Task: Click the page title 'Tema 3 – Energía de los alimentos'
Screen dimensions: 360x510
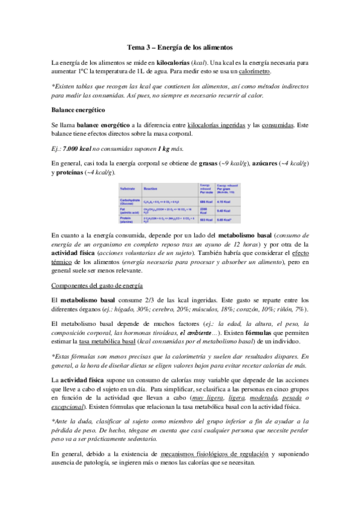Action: (180, 47)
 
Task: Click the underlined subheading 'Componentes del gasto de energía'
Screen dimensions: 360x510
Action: (101, 285)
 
